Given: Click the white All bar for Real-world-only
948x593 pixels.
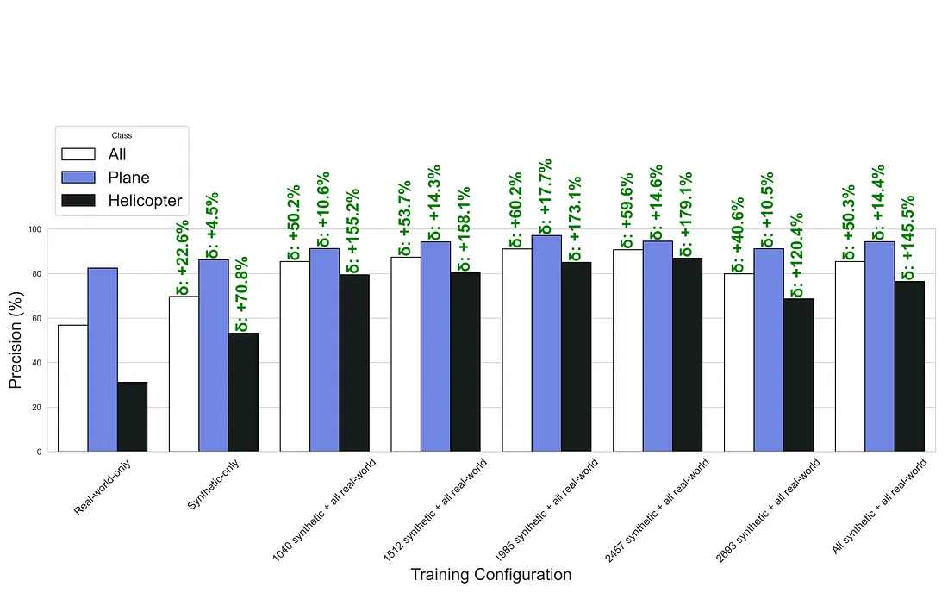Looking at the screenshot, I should tap(72, 388).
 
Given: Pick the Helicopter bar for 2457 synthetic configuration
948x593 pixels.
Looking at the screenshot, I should tap(688, 354).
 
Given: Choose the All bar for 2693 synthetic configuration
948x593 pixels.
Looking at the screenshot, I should tap(739, 362).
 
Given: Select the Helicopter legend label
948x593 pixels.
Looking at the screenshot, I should tap(145, 201).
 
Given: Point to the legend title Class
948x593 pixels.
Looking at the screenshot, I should tap(122, 135).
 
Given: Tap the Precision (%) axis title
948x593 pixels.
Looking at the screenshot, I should tap(16, 340).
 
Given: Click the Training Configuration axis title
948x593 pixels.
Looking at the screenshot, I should tap(490, 575).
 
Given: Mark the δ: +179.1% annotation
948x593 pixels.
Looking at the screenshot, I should tap(688, 212).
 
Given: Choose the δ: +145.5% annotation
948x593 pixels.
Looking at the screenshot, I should tap(909, 238).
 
